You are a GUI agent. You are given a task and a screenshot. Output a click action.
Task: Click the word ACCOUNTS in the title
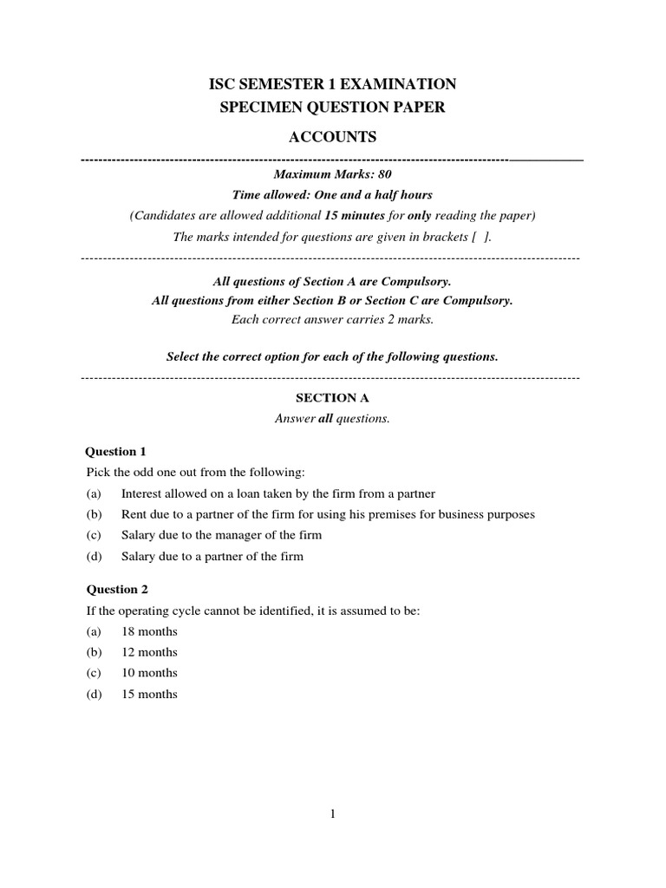click(332, 138)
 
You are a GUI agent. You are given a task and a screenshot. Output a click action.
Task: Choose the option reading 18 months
click(149, 631)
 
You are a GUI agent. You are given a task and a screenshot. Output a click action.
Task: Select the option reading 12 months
click(149, 652)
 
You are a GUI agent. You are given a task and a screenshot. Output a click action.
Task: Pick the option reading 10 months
click(149, 673)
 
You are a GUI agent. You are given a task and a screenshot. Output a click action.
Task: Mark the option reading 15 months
click(149, 694)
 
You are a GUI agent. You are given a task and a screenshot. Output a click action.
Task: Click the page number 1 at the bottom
click(333, 813)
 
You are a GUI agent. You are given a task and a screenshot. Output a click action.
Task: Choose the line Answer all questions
click(332, 419)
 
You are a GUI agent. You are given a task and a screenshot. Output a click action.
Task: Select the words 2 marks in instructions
click(410, 319)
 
